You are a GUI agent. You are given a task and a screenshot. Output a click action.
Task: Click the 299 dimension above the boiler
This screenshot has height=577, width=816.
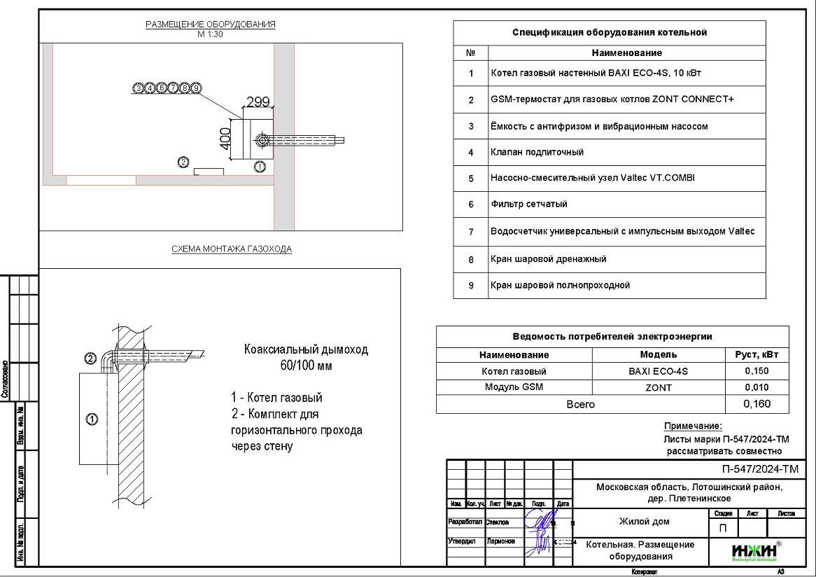(258, 102)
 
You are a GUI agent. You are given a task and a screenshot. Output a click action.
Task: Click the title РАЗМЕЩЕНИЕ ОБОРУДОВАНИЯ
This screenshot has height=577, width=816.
(211, 25)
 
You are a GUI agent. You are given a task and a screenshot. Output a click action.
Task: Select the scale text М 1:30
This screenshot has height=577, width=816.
(211, 34)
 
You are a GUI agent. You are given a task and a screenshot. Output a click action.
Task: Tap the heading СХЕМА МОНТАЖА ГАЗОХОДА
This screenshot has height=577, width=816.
(232, 249)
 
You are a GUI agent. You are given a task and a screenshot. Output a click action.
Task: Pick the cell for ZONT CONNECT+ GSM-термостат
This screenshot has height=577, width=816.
(612, 99)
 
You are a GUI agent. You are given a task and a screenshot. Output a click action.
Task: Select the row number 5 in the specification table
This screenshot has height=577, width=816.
(471, 179)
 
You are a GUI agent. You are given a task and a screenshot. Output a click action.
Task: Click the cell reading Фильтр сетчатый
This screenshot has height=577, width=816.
(529, 204)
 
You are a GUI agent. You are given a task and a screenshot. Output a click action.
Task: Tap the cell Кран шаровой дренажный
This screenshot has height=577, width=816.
(549, 259)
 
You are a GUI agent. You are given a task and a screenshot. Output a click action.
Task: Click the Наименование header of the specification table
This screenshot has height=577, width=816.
(626, 53)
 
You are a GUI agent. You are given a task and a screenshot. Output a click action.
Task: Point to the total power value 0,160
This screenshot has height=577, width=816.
(757, 404)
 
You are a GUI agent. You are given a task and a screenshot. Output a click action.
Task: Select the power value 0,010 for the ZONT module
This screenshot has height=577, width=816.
(757, 388)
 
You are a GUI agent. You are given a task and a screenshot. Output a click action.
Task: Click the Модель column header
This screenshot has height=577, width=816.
(659, 355)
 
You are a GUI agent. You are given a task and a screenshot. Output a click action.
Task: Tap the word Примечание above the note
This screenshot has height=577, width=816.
(693, 426)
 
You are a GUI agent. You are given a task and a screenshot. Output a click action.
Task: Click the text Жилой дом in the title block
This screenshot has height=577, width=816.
(644, 522)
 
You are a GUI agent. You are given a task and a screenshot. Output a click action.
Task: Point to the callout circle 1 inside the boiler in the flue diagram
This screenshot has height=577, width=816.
(91, 419)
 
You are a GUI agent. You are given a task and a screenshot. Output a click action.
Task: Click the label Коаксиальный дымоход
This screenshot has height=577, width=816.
(305, 349)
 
